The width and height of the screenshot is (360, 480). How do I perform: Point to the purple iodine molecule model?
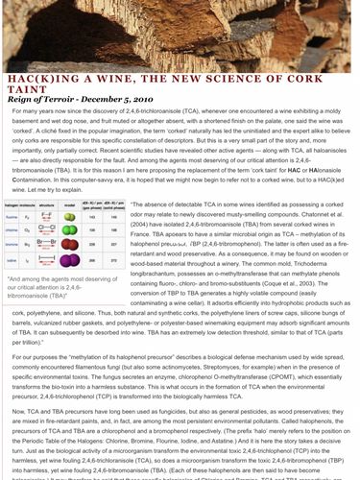point(70,259)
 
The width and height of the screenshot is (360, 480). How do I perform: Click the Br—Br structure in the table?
point(43,244)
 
